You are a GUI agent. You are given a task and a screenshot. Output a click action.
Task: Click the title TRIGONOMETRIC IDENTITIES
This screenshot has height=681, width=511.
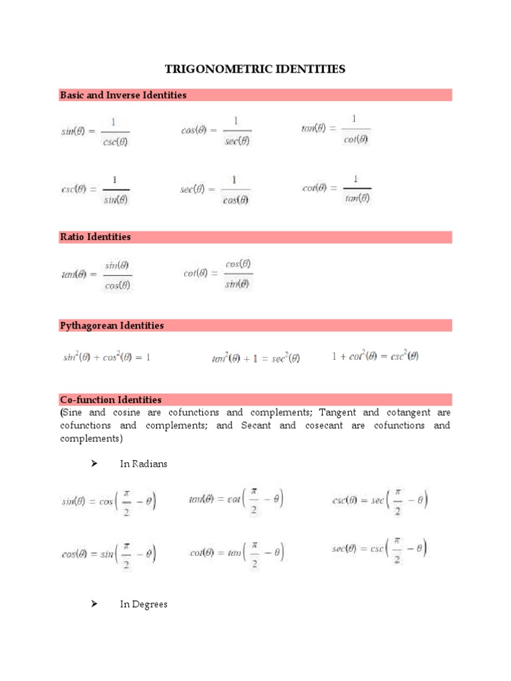point(255,69)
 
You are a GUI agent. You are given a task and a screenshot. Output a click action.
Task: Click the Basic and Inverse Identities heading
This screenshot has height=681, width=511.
point(123,95)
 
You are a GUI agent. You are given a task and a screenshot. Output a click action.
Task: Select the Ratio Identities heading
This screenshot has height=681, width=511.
point(95,237)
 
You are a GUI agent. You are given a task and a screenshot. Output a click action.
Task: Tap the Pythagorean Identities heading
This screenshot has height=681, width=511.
point(112,326)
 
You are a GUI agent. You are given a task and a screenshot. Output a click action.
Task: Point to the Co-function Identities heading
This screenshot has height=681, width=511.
point(110,400)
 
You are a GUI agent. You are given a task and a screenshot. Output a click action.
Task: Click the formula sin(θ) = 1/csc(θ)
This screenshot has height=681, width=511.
point(95,131)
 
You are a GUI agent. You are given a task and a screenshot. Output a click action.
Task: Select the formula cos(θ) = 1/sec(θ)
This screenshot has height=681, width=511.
point(216,130)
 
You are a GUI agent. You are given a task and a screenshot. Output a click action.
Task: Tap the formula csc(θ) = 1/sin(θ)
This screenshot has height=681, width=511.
point(95,189)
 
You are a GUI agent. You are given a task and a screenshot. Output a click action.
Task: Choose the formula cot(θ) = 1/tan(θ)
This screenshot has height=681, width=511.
point(337,188)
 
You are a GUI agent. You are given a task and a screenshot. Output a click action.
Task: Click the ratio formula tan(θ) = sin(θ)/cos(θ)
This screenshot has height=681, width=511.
point(96,275)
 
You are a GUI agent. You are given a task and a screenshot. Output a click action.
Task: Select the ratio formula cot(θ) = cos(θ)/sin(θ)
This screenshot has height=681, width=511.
point(218,273)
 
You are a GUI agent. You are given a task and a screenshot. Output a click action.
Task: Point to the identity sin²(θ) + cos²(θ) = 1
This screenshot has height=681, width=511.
point(106,357)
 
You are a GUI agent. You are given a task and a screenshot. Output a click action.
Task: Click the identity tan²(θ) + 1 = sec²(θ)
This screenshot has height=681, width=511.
point(255,358)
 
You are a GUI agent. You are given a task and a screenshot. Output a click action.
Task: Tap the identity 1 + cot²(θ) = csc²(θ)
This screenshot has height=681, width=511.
point(375,356)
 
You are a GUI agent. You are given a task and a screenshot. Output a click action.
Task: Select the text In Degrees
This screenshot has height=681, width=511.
point(144,605)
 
